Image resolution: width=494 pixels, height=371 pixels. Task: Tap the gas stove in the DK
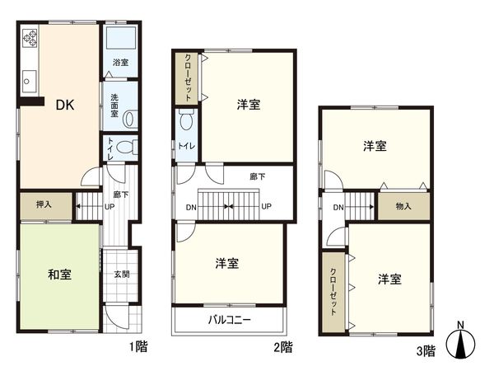30,38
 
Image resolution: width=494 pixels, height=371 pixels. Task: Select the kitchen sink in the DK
28,81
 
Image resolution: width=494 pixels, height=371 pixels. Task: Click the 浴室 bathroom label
120,62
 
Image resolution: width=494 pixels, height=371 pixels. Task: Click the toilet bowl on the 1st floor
125,148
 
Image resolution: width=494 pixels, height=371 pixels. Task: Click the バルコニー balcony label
229,320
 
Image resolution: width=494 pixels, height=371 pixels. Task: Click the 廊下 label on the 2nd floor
257,176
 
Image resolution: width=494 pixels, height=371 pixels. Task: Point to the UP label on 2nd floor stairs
266,206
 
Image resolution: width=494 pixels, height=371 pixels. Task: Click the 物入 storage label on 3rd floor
403,206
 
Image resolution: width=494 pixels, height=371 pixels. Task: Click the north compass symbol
461,342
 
